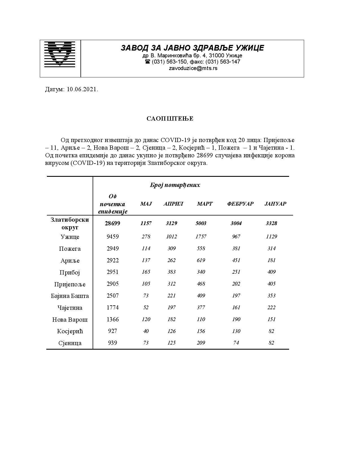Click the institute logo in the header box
pyautogui.click(x=60, y=54)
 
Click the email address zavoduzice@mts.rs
pyautogui.click(x=193, y=68)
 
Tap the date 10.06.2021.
pyautogui.click(x=82, y=90)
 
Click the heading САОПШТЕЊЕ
pyautogui.click(x=170, y=119)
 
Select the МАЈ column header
pyautogui.click(x=146, y=204)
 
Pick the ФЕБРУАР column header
pyautogui.click(x=240, y=204)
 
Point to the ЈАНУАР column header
pyautogui.click(x=275, y=204)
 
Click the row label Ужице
pyautogui.click(x=70, y=237)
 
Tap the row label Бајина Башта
pyautogui.click(x=70, y=296)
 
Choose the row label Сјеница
pyautogui.click(x=70, y=343)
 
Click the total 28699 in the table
pyautogui.click(x=112, y=223)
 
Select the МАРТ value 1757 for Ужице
pyautogui.click(x=201, y=237)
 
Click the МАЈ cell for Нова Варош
pyautogui.click(x=146, y=319)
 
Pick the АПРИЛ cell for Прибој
pyautogui.click(x=171, y=272)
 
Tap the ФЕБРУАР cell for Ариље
pyautogui.click(x=236, y=260)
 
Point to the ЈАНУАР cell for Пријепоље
pyautogui.click(x=271, y=284)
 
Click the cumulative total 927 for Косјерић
pyautogui.click(x=112, y=331)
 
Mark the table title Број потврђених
pyautogui.click(x=175, y=185)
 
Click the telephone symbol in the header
pyautogui.click(x=147, y=62)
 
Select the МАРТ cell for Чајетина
pyautogui.click(x=201, y=308)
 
